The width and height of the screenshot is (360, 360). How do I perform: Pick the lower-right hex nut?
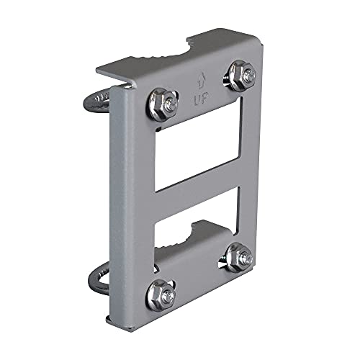pos(238,257)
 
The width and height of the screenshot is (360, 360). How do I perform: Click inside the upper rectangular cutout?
pos(199,148)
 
